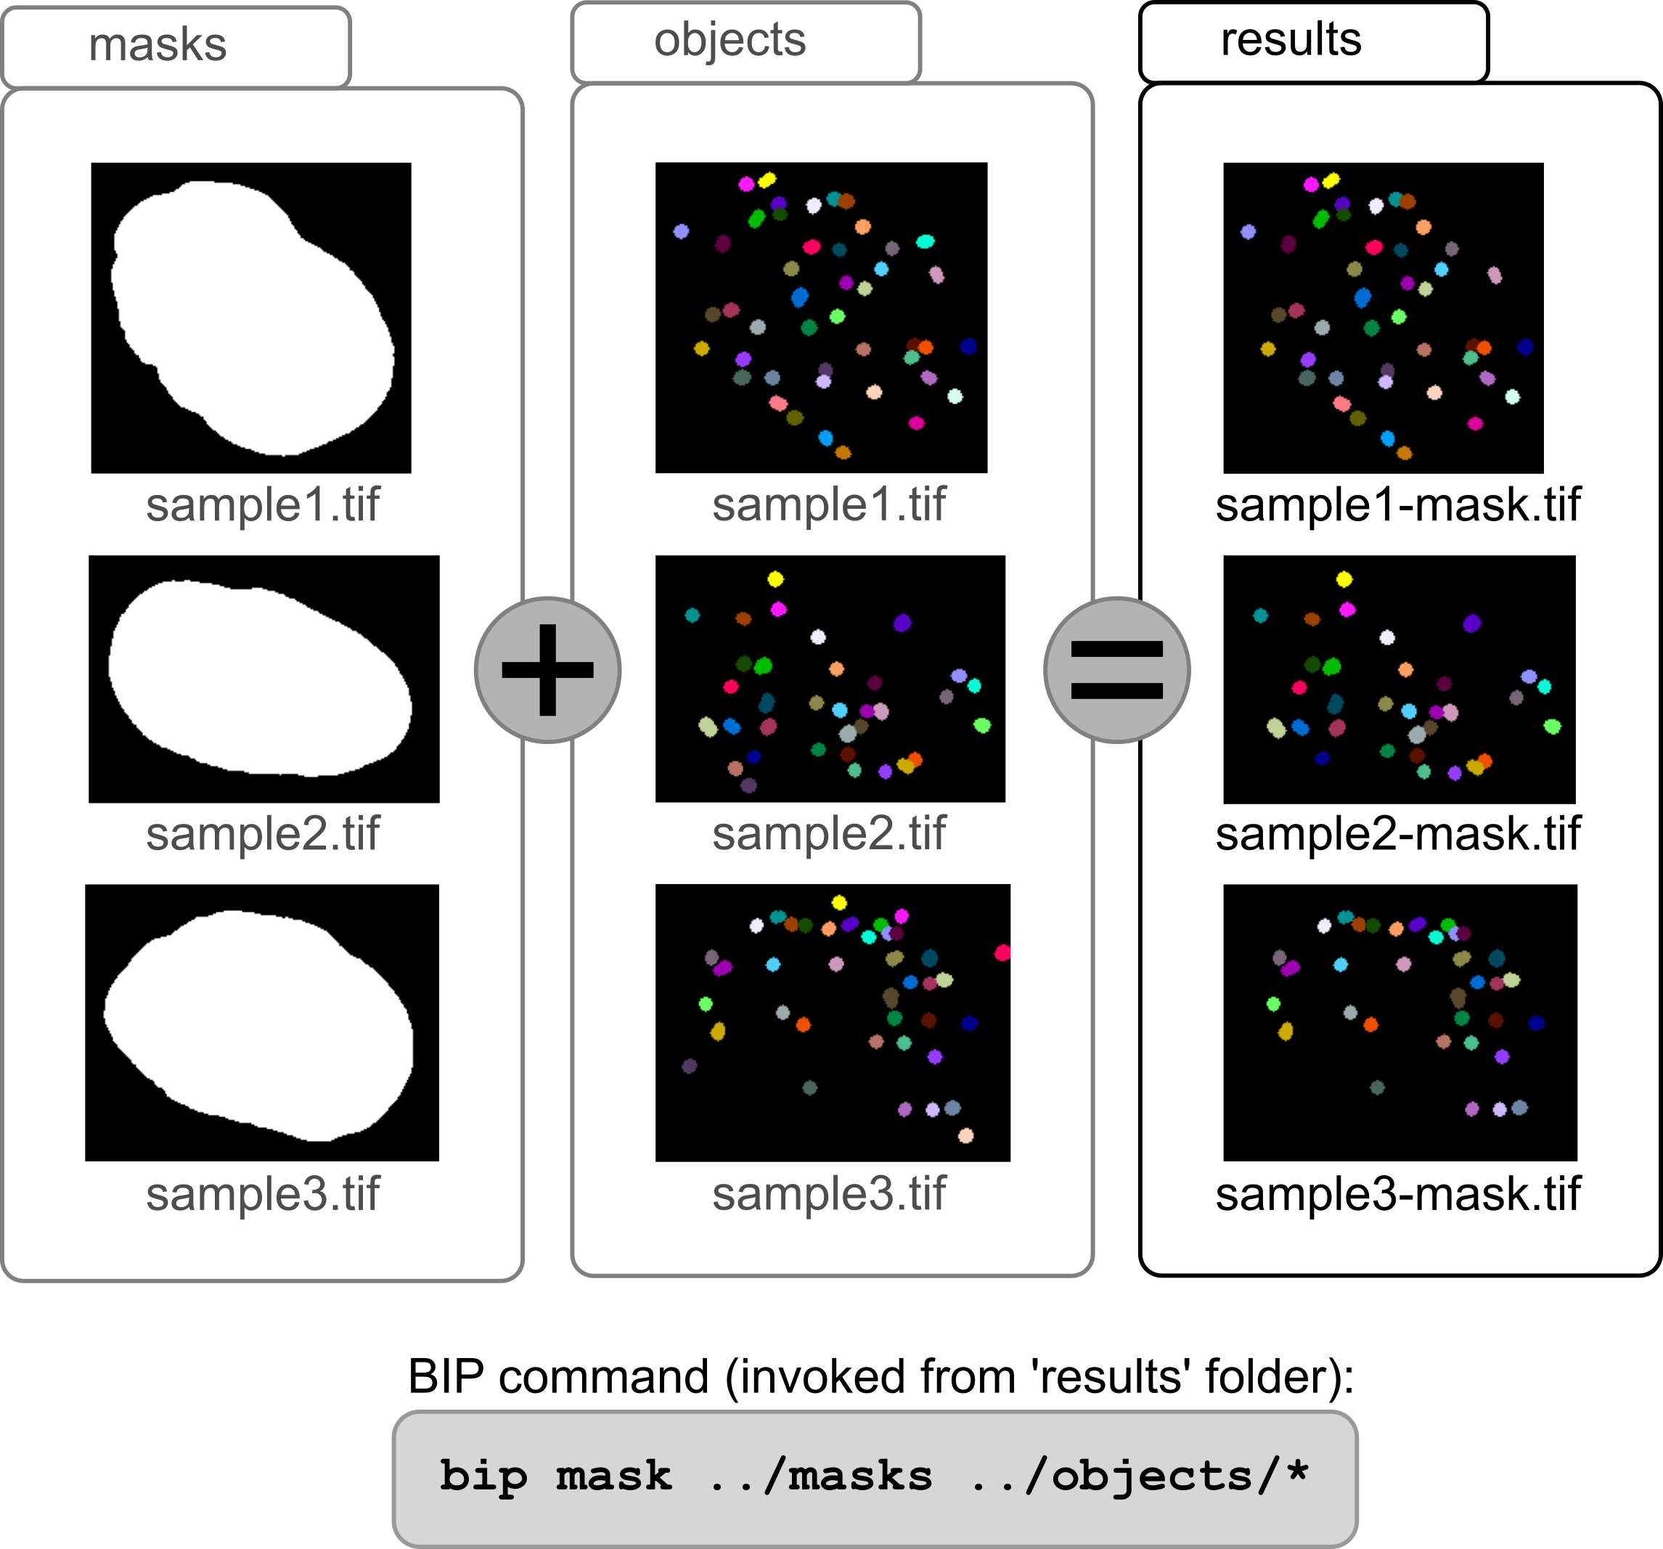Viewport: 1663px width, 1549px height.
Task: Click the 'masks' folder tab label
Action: coord(158,44)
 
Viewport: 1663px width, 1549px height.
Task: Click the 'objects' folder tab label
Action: coord(730,40)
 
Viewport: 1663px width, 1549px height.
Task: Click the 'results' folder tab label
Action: coord(1291,39)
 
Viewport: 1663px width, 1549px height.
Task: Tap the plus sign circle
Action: coord(547,670)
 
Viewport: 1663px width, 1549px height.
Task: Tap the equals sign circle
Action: coord(1116,670)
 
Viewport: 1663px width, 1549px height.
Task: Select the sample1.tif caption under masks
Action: coord(263,505)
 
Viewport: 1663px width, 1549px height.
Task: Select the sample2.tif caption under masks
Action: coord(263,834)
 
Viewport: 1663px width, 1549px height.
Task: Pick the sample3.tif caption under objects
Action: coord(829,1194)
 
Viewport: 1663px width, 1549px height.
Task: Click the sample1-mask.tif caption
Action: coord(1398,505)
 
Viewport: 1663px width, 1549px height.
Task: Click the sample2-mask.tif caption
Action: coord(1398,834)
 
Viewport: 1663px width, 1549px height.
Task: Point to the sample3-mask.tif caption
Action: coord(1398,1194)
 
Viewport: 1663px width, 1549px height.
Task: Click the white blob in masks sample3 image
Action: coord(259,1025)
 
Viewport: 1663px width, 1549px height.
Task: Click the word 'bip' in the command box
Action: coord(483,1476)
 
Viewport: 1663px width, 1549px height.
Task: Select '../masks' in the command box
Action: coord(820,1476)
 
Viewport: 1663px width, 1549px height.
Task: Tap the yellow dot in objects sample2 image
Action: coord(775,579)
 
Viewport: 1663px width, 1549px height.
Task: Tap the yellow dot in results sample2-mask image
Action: coord(1344,579)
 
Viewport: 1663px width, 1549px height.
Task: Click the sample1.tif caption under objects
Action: coord(829,505)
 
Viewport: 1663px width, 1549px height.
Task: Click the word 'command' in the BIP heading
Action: coord(603,1378)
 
